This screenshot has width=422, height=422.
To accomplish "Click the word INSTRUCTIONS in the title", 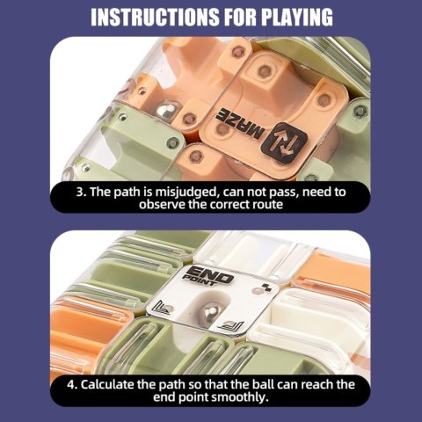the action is [x=155, y=18].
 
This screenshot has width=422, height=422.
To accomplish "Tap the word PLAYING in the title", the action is [x=297, y=18].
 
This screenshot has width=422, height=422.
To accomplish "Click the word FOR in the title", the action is [x=240, y=18].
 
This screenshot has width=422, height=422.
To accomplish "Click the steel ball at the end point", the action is [x=211, y=311].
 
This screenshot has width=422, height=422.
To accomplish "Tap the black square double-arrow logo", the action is [x=284, y=142].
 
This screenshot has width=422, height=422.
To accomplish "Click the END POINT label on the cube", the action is [x=207, y=276].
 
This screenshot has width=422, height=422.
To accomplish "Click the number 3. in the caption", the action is [x=81, y=192].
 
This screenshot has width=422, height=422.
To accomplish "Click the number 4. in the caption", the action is [x=72, y=384].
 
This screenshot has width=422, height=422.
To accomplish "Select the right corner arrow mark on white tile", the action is [x=231, y=325].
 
